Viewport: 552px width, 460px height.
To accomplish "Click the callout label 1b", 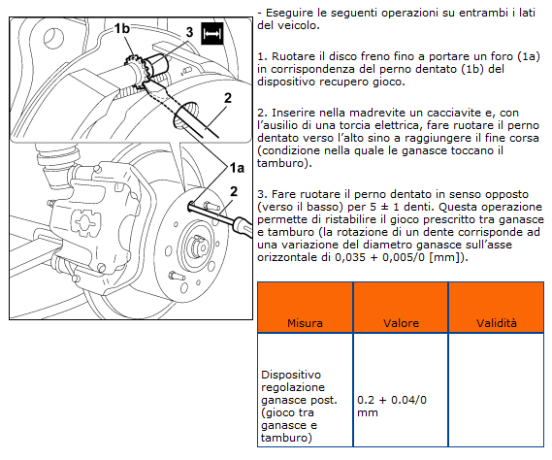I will [x=121, y=29].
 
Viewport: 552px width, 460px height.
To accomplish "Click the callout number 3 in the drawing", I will [x=190, y=32].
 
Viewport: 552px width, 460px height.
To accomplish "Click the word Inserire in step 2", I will [x=292, y=113].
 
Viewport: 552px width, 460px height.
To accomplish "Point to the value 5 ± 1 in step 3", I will [x=380, y=207].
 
